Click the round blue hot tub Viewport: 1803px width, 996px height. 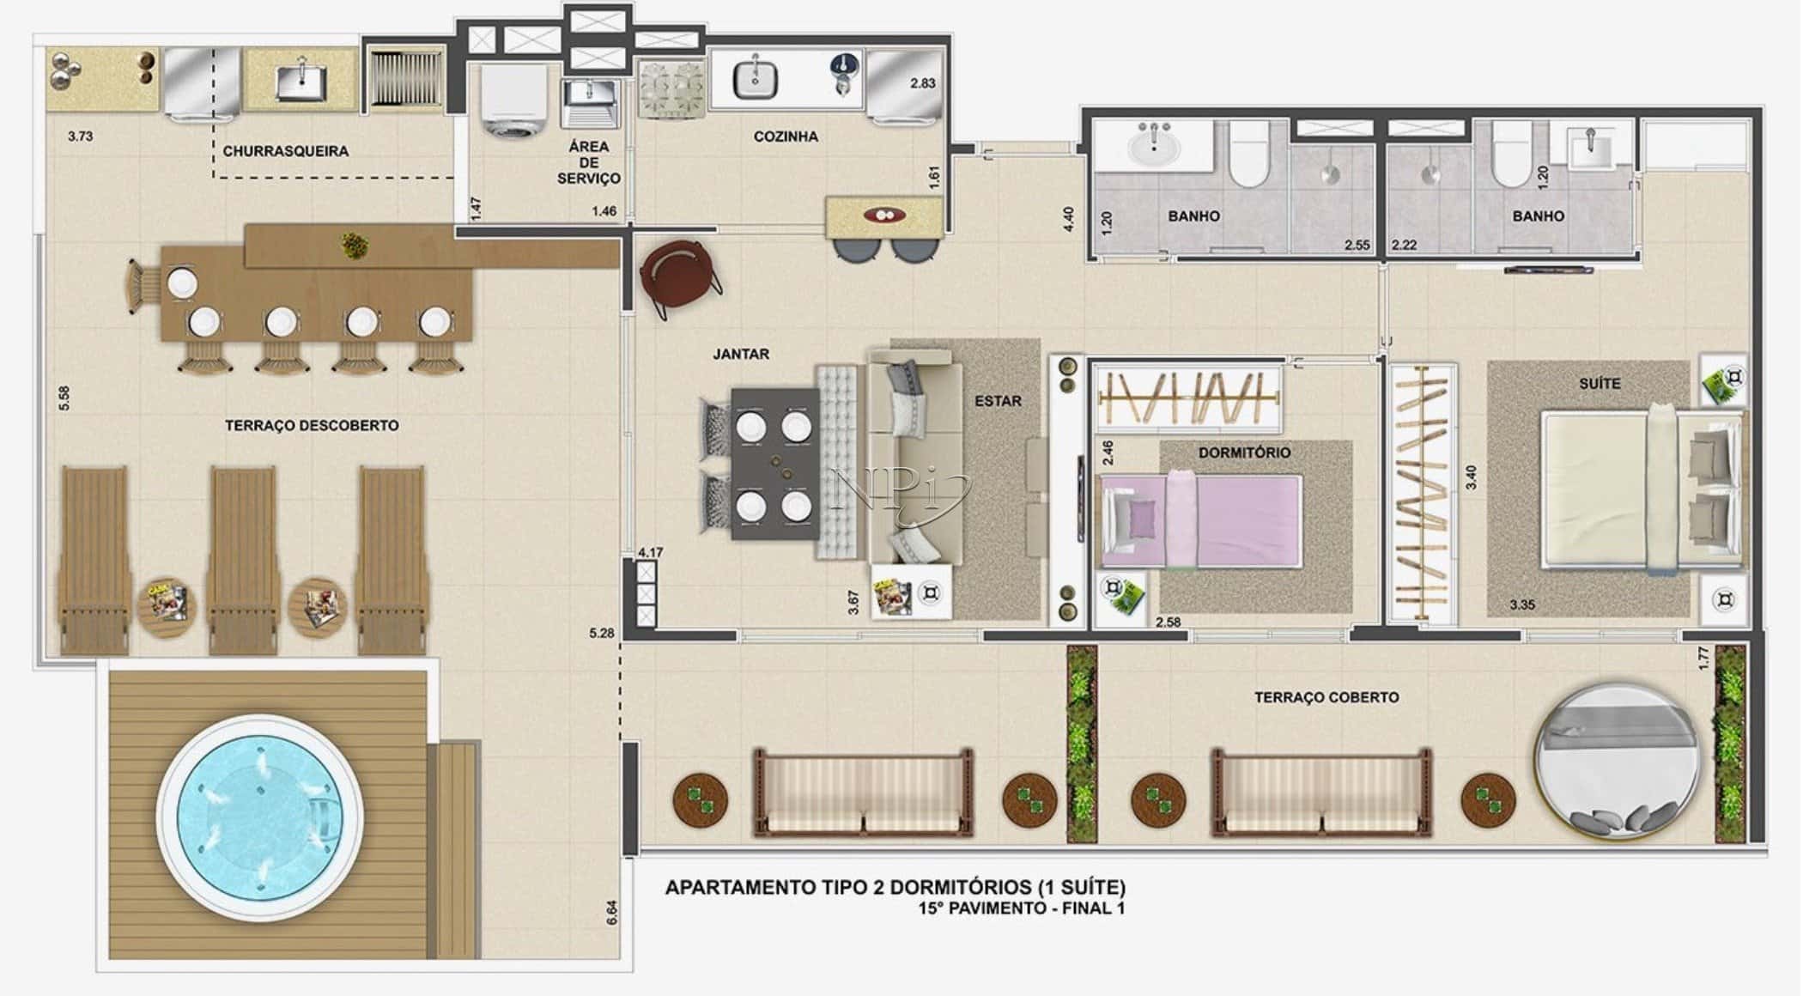point(260,817)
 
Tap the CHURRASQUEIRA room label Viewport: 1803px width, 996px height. point(286,151)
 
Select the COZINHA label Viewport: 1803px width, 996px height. point(786,137)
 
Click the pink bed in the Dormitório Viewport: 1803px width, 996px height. point(1202,521)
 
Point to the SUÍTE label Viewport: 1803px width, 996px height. point(1600,384)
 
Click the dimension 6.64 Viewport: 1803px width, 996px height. point(611,911)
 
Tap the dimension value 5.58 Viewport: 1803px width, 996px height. point(64,398)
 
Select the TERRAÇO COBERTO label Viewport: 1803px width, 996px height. point(1326,697)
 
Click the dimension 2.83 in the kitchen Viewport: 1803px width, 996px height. point(923,83)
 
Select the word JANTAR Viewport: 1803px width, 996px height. point(741,354)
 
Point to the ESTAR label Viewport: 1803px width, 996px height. point(998,401)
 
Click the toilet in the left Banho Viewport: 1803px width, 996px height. point(1248,155)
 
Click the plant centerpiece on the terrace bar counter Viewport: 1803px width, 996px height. point(352,246)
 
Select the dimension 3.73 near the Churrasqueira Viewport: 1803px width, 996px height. point(80,136)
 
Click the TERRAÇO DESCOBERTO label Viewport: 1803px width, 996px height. point(312,425)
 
